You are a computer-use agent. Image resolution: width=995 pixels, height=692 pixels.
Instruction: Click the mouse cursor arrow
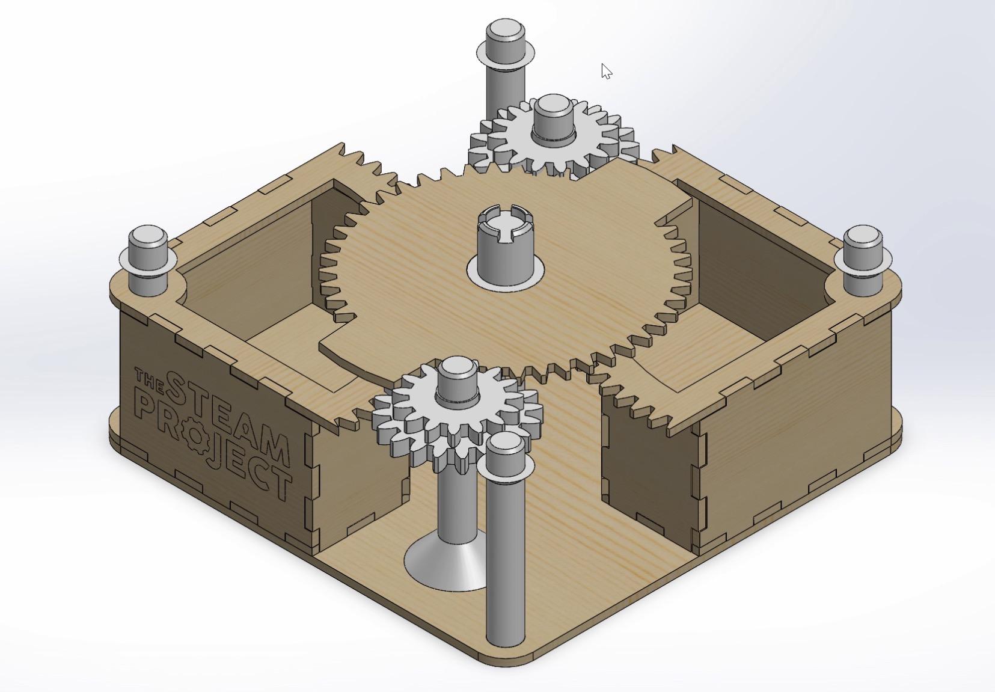click(x=607, y=71)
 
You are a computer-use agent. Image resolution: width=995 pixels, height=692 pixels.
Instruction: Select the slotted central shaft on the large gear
click(x=506, y=242)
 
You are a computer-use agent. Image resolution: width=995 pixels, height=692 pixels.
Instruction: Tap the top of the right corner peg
click(x=862, y=234)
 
